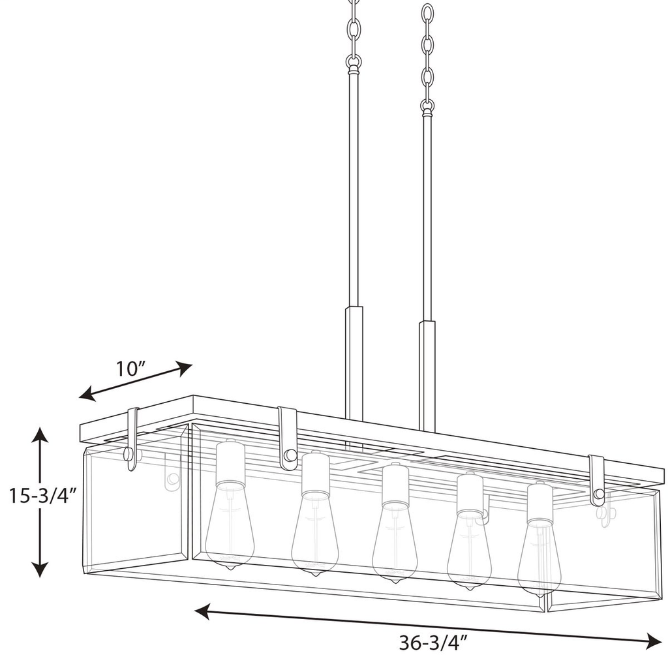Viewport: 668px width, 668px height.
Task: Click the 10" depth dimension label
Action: pos(130,369)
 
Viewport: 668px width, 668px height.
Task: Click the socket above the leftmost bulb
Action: pos(230,465)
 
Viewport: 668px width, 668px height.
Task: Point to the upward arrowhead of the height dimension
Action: pos(40,434)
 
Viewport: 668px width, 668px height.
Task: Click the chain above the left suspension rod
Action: pos(354,33)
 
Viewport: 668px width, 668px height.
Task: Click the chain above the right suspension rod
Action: pos(427,55)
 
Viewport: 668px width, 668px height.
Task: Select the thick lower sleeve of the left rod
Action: pos(354,362)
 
